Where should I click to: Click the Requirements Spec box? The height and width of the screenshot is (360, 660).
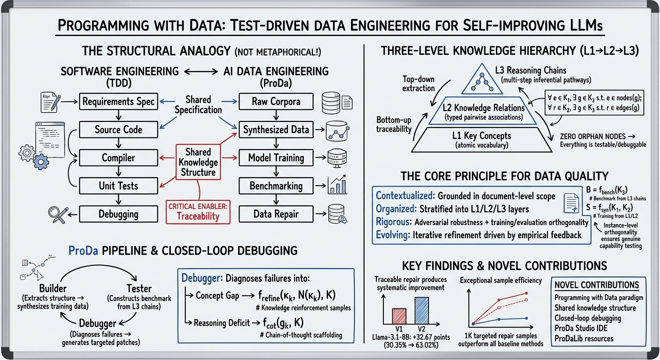118,102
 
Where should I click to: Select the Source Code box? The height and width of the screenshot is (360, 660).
118,130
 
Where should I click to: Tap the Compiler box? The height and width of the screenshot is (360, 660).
118,158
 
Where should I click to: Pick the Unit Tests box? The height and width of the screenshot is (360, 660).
118,186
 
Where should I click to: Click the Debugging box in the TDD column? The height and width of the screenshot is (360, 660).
118,214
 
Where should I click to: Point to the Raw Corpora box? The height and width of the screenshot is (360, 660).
276,102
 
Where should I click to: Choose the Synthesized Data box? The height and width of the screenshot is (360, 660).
276,130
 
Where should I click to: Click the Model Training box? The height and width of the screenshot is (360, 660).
276,158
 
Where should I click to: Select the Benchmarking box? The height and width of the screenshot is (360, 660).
276,186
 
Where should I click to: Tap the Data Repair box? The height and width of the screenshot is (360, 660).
276,214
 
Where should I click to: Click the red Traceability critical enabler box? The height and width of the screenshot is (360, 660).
198,211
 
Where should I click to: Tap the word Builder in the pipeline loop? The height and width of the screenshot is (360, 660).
52,288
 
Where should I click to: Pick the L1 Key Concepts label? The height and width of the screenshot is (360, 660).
481,136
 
